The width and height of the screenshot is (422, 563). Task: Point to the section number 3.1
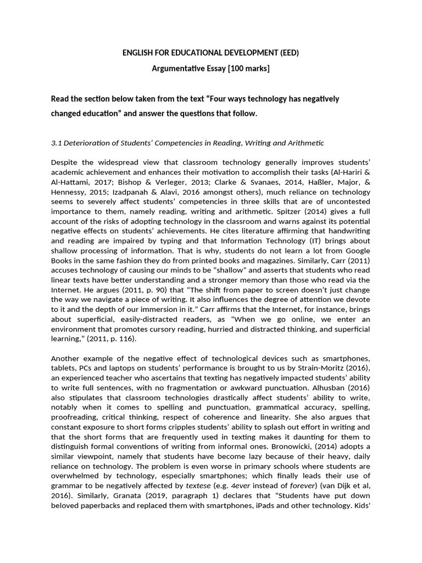[x=57, y=143]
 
